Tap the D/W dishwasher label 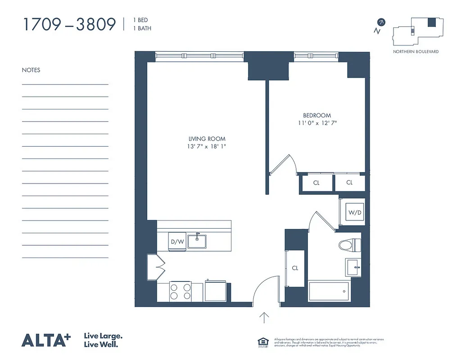click(177, 242)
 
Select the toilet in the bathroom click(349, 245)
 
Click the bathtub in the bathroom click(329, 291)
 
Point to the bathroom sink click(353, 267)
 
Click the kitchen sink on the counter click(197, 241)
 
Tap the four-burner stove click(180, 291)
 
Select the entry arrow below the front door click(264, 318)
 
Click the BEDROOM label click(317, 116)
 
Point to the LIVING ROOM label click(207, 139)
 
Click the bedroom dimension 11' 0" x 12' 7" click(317, 123)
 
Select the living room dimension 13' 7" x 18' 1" click(207, 147)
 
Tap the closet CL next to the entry click(295, 268)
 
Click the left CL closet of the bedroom click(317, 183)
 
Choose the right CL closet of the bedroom click(349, 183)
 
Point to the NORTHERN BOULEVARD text click(416, 52)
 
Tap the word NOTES click(31, 70)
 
